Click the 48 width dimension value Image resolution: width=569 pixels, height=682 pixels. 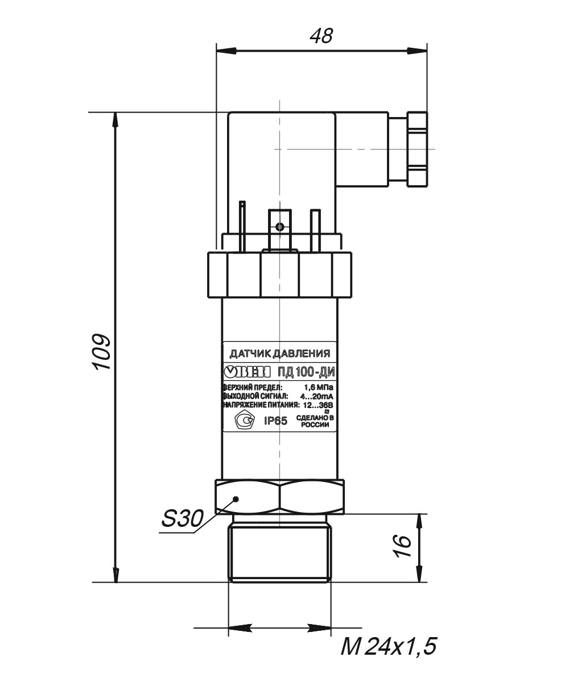321,36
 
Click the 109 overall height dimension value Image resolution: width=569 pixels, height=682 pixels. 102,352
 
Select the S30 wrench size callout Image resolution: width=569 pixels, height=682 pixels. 183,518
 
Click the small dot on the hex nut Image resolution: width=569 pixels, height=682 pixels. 236,499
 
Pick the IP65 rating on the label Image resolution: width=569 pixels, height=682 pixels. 275,421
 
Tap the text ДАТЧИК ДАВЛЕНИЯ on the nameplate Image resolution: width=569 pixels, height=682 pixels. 280,354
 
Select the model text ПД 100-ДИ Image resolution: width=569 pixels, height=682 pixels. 306,372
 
